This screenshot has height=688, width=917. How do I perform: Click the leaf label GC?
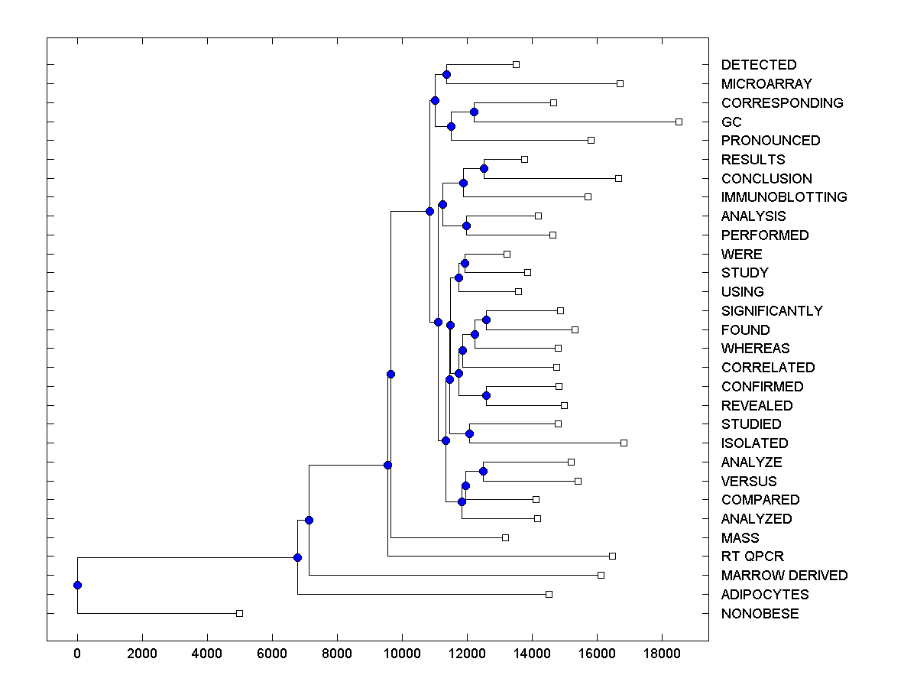[x=731, y=122]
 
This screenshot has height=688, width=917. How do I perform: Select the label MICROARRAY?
[x=756, y=83]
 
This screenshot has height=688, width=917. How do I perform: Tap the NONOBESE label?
[x=760, y=614]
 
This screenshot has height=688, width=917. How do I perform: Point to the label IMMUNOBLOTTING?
[x=784, y=197]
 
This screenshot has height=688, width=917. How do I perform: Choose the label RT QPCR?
[x=752, y=557]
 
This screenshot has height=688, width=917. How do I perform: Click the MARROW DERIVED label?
[x=784, y=576]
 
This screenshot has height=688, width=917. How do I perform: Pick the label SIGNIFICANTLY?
[x=772, y=311]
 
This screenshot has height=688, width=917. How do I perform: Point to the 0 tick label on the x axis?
[x=77, y=654]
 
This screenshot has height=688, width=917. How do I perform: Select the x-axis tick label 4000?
[x=207, y=654]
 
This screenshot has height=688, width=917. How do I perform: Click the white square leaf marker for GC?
[x=679, y=122]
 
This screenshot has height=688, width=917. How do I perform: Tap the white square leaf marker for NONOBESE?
[x=239, y=613]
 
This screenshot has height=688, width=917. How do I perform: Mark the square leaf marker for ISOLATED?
[x=624, y=443]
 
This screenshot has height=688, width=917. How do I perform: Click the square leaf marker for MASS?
[x=505, y=537]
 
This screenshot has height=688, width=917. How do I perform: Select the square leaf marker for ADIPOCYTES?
[x=549, y=594]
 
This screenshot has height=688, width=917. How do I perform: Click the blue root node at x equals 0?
[x=77, y=585]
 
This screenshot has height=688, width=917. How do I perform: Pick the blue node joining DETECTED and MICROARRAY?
[x=446, y=74]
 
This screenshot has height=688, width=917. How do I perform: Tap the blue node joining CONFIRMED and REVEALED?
[x=486, y=395]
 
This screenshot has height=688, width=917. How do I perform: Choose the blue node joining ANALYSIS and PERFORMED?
[x=466, y=226]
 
